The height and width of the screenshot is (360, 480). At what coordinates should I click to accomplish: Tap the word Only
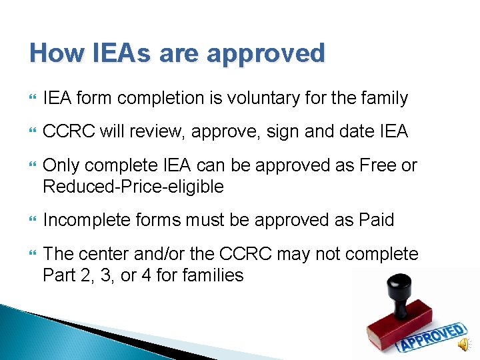pos(62,165)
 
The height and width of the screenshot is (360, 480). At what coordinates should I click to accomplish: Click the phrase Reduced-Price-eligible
pos(133,187)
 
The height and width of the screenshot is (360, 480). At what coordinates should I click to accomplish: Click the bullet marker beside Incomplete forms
pos(27,220)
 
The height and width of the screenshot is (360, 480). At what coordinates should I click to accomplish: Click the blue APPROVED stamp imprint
pos(430,337)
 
